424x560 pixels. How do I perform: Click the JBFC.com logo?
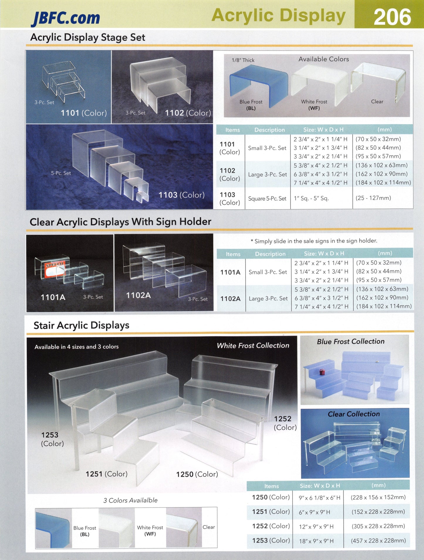point(66,18)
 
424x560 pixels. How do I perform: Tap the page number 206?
point(392,17)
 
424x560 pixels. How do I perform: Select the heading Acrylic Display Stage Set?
point(88,37)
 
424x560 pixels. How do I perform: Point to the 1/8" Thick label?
point(243,60)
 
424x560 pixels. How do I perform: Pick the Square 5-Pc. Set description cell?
point(267,198)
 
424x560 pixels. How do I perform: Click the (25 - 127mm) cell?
point(373,198)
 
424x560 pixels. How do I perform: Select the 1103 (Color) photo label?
point(181,195)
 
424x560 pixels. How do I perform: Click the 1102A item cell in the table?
point(230,299)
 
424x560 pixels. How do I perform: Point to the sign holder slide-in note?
point(314,241)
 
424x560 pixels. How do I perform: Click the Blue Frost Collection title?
point(351,341)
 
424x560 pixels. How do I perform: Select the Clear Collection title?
point(354,414)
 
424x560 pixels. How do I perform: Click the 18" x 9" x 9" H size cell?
point(316,541)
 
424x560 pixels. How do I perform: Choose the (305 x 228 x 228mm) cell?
point(378,526)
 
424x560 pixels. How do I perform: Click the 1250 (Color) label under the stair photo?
point(197,474)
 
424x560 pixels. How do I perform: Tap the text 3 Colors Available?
point(130,500)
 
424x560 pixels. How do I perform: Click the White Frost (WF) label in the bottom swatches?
point(150,530)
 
